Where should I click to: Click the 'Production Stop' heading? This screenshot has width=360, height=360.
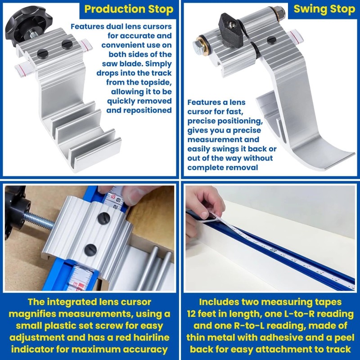pyautogui.click(x=129, y=9)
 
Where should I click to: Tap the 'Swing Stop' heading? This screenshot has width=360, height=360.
pyautogui.click(x=324, y=9)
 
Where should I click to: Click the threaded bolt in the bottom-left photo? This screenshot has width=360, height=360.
pyautogui.click(x=39, y=220)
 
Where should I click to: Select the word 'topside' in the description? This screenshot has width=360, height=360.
pyautogui.click(x=156, y=82)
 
